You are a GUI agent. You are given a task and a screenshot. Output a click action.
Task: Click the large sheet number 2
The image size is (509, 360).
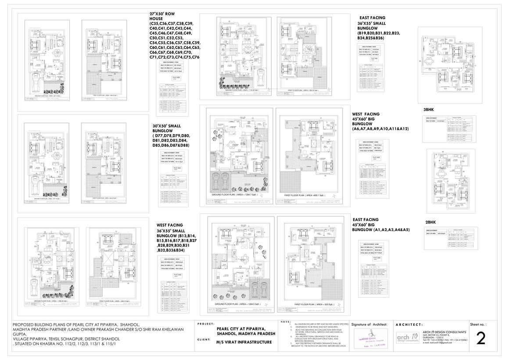pos(481,339)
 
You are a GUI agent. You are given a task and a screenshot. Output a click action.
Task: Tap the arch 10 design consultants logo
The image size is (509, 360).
pos(408,339)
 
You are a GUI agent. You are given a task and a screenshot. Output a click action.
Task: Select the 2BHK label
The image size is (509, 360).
pos(430,222)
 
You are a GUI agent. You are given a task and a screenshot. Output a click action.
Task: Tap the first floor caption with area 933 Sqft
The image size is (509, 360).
pos(311,304)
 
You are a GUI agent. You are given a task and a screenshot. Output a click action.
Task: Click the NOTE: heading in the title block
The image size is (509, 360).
pos(285,322)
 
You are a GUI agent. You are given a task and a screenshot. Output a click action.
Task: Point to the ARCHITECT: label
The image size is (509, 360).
pos(409,324)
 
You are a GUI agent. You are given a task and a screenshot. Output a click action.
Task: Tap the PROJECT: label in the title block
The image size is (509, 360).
pos(206,324)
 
